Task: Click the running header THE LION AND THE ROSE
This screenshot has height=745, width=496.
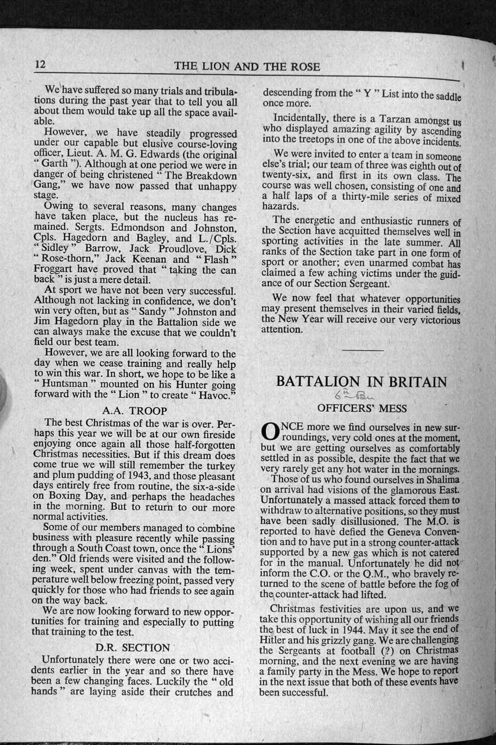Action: (247, 66)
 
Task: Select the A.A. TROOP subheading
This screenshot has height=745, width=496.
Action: (134, 411)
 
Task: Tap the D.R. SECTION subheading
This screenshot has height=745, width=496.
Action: (132, 647)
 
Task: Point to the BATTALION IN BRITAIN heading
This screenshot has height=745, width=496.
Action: (362, 382)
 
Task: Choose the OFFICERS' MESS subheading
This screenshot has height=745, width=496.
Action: (362, 408)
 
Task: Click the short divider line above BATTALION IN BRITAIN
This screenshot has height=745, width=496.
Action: (362, 351)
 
